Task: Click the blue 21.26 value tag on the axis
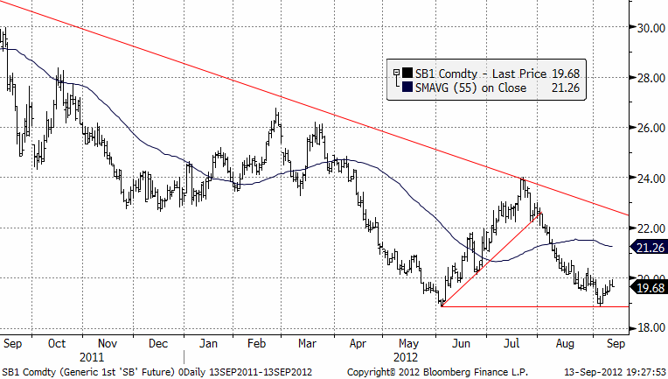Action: (650, 248)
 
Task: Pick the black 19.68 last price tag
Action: (650, 287)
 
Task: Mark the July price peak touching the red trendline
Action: (523, 179)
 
